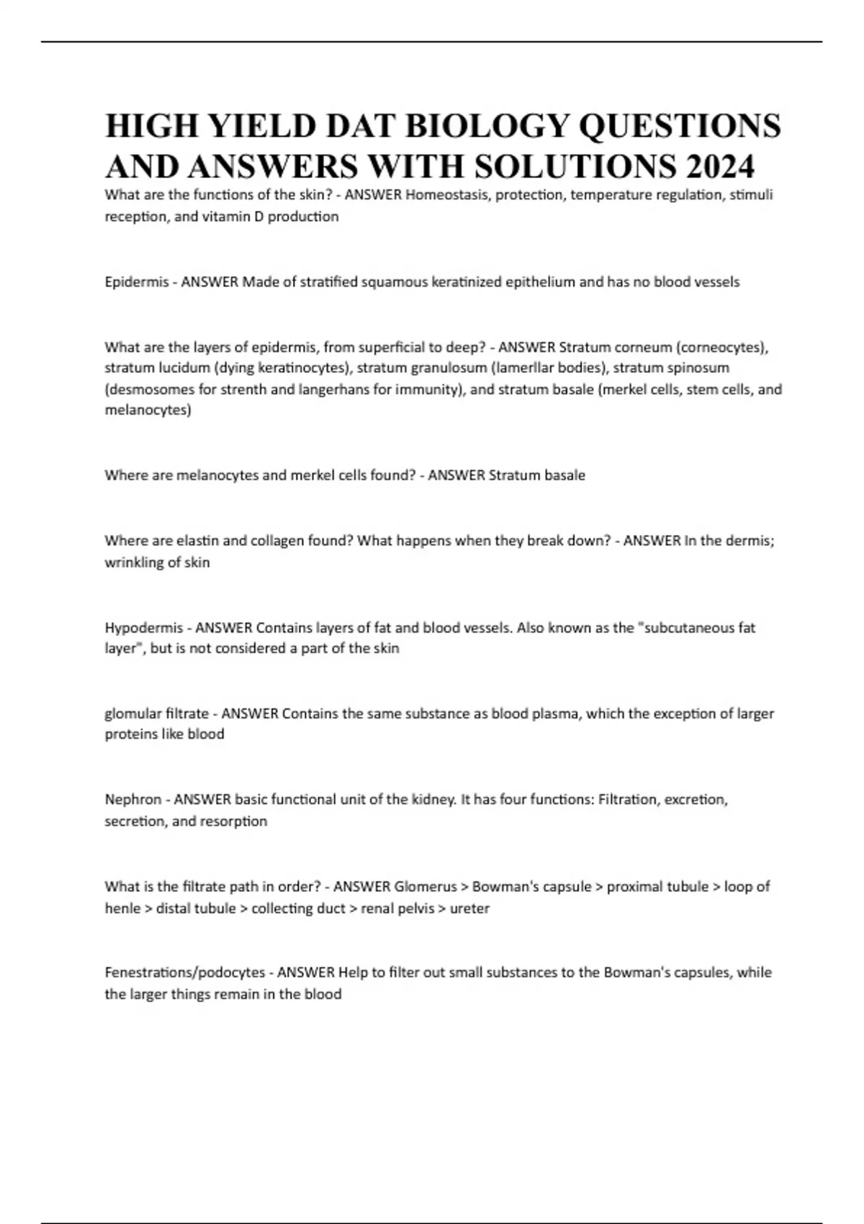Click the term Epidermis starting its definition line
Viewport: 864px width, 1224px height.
coord(137,282)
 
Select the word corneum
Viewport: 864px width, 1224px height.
coord(643,347)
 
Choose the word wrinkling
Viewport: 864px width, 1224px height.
coord(135,562)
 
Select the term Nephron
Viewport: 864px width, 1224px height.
coord(133,799)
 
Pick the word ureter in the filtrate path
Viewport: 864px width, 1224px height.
coord(469,908)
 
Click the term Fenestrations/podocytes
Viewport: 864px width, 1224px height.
coord(185,972)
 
